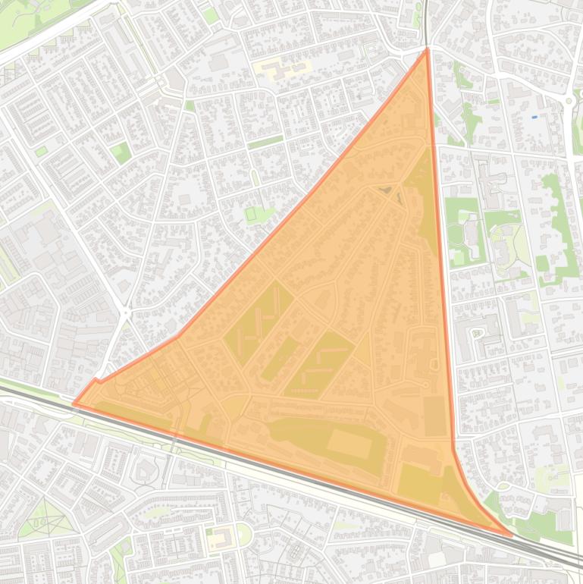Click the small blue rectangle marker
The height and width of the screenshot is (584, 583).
click(534, 117)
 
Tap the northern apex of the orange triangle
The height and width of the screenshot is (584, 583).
click(428, 49)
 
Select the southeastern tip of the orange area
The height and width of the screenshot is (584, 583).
click(512, 535)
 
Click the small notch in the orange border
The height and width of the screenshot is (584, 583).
click(96, 379)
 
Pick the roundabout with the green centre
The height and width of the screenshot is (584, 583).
click(569, 100)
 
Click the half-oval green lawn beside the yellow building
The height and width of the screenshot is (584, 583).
click(244, 534)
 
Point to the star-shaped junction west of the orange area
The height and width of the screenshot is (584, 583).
click(125, 313)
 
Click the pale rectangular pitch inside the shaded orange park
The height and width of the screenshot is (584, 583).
click(349, 443)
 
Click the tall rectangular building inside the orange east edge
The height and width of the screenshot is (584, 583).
click(434, 416)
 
